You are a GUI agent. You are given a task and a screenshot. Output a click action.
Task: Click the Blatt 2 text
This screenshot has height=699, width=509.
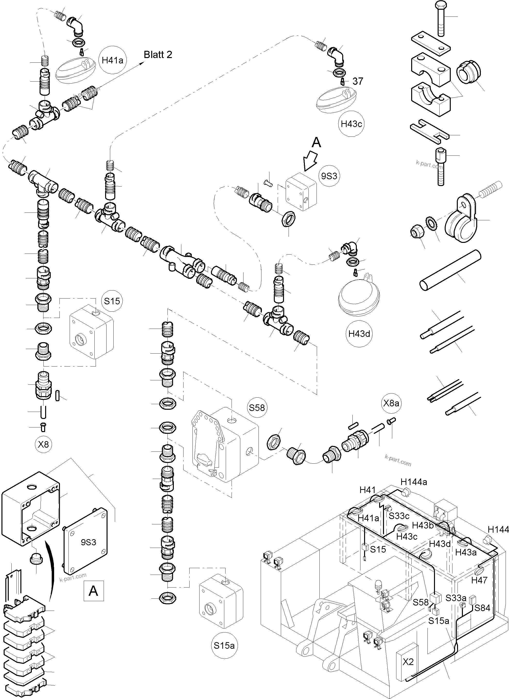(158, 55)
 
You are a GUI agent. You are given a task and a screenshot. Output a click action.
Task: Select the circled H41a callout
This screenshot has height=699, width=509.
(112, 60)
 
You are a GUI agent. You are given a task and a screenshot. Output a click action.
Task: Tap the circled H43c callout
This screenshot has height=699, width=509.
(351, 124)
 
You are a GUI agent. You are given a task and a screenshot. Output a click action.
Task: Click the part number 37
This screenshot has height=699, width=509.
(358, 81)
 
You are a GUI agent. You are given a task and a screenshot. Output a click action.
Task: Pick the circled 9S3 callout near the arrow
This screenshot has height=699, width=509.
(329, 176)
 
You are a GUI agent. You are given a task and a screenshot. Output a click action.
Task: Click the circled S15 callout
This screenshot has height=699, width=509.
(112, 301)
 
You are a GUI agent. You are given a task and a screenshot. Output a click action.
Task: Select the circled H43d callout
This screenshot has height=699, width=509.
(359, 334)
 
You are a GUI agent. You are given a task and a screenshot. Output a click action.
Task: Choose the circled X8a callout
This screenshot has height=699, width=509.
(391, 403)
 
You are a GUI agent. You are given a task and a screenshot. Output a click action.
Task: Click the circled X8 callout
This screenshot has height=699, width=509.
(43, 444)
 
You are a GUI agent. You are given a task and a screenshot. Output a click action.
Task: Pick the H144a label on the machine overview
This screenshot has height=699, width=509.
(414, 482)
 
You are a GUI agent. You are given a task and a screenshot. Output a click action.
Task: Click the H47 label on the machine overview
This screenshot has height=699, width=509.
(479, 580)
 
